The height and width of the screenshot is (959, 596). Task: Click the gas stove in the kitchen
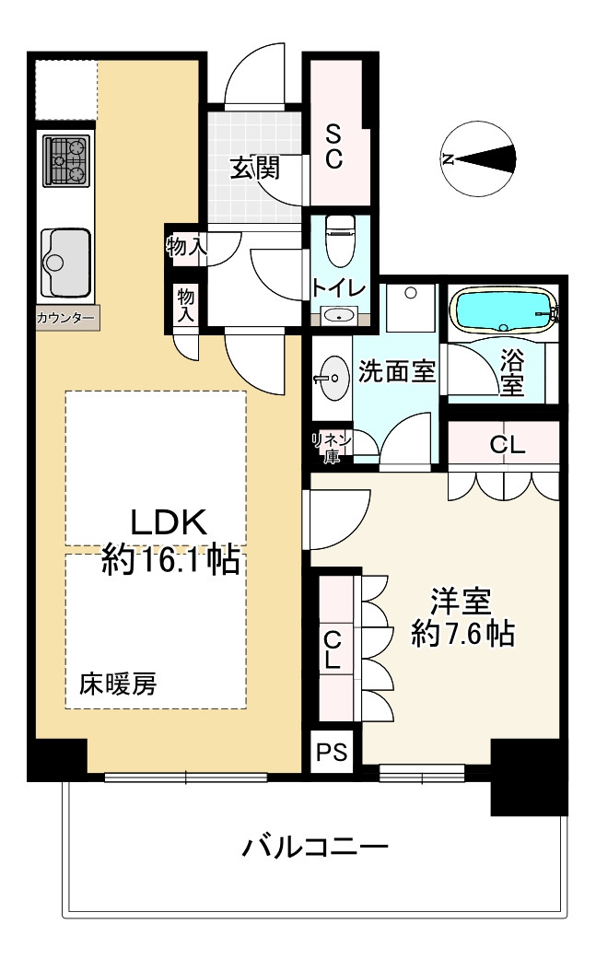pyautogui.click(x=64, y=161)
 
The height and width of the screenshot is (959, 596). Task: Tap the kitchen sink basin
pyautogui.click(x=66, y=263)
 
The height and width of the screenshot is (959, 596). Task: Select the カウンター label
pyautogui.click(x=66, y=318)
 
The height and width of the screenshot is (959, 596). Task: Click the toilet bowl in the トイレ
pyautogui.click(x=340, y=241)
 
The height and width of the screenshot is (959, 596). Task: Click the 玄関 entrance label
pyautogui.click(x=255, y=168)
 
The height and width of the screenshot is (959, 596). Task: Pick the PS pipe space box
pyautogui.click(x=332, y=751)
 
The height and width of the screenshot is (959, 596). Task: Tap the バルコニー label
pyautogui.click(x=315, y=848)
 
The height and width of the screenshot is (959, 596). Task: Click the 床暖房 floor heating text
pyautogui.click(x=118, y=684)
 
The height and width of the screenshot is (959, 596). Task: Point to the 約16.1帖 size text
pyautogui.click(x=169, y=559)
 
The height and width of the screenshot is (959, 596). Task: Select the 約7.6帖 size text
pyautogui.click(x=462, y=633)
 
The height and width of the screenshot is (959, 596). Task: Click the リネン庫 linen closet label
pyautogui.click(x=332, y=448)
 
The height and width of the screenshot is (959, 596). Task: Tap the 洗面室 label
pyautogui.click(x=396, y=371)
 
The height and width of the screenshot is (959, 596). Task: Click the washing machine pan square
pyautogui.click(x=411, y=308)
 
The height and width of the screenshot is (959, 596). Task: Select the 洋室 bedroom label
pyautogui.click(x=461, y=602)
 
